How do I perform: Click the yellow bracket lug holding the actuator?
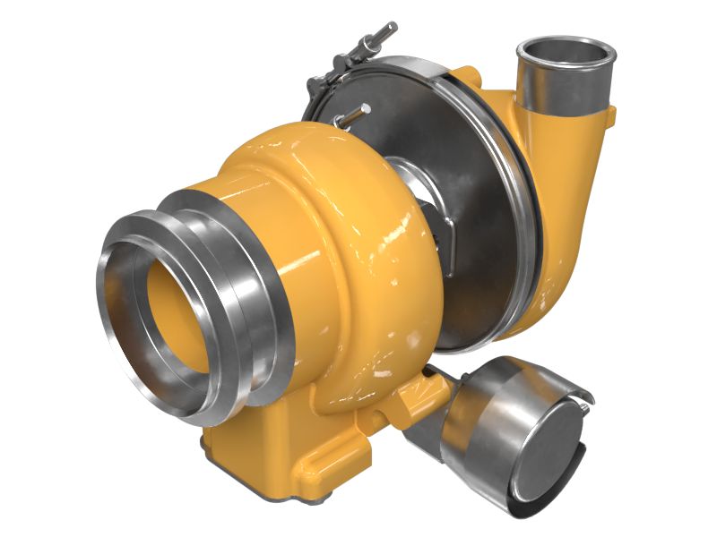click(421, 394)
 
